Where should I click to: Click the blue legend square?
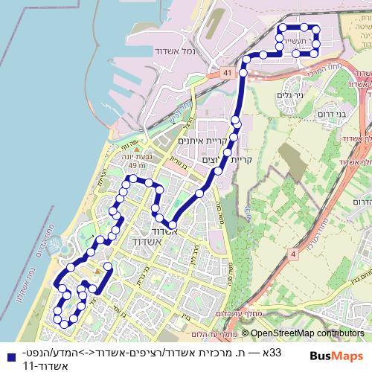(7, 355)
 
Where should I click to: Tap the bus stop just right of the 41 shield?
(243, 74)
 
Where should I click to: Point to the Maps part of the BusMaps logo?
(350, 355)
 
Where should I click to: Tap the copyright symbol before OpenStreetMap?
(245, 333)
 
